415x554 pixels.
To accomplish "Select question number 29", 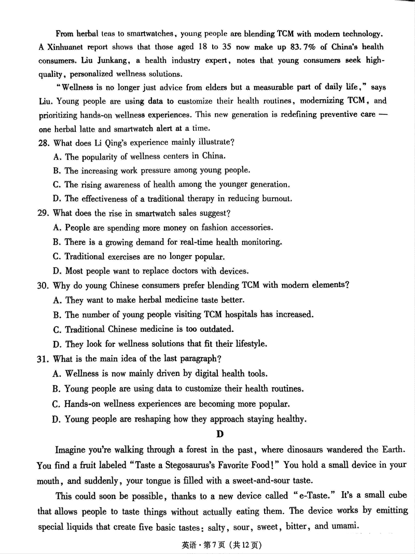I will click(44, 213).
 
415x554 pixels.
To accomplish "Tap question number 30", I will click(44, 285).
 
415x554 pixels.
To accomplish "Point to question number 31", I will click(44, 359).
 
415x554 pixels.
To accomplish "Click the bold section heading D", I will click(220, 434).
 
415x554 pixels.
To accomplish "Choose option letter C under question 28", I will click(57, 184).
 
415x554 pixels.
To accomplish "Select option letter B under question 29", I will click(57, 242).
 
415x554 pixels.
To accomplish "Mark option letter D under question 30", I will click(57, 344).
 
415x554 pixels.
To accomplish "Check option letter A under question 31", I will click(57, 373).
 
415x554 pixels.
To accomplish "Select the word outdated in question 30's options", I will click(216, 329).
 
